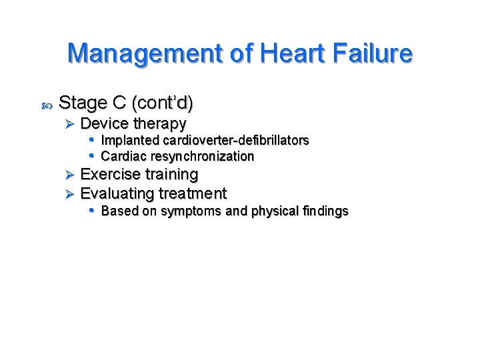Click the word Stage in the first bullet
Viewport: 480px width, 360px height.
83,103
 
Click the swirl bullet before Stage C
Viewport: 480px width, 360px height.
45,104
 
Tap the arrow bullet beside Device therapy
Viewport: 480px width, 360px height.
71,124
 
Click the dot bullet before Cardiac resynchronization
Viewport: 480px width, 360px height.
92,156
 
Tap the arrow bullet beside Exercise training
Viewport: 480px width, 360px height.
71,175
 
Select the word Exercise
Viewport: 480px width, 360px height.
110,175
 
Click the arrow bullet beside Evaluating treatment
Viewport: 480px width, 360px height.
71,194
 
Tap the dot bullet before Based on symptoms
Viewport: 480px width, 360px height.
92,211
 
